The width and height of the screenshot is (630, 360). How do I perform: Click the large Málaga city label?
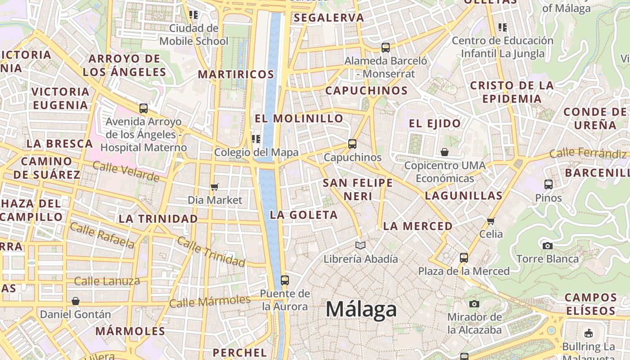click(x=361, y=310)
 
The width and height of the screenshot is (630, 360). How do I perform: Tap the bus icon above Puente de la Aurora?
click(x=284, y=280)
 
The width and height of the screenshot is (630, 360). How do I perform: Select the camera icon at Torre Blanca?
click(x=547, y=246)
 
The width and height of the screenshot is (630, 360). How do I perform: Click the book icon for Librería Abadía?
click(x=360, y=245)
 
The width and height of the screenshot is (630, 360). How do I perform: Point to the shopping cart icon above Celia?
click(x=490, y=221)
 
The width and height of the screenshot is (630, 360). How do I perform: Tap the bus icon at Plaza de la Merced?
click(x=463, y=258)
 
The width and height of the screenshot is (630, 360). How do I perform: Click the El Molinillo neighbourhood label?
click(x=299, y=119)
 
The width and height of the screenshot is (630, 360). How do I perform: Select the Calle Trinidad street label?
click(x=211, y=251)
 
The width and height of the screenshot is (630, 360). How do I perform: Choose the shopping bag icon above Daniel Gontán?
click(x=76, y=301)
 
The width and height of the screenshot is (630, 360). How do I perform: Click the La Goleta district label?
click(x=304, y=215)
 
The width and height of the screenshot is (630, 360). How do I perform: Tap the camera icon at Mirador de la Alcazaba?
click(x=474, y=304)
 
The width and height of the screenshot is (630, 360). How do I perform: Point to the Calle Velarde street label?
click(x=126, y=172)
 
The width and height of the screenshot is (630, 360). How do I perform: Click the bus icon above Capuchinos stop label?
click(x=352, y=144)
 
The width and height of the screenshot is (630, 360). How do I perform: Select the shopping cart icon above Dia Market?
click(x=215, y=187)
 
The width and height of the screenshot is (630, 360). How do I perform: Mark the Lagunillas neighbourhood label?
click(x=463, y=196)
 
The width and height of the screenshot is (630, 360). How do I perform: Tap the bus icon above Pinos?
click(x=548, y=184)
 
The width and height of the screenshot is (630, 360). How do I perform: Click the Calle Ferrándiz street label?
click(x=588, y=153)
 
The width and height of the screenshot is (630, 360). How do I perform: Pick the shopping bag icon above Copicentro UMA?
click(x=445, y=152)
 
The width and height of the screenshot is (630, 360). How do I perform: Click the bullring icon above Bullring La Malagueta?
click(x=588, y=333)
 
